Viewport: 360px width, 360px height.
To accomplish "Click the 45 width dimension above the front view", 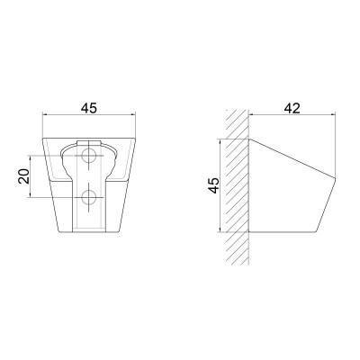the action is [x=89, y=108].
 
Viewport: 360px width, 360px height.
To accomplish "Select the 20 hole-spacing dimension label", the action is [x=24, y=176].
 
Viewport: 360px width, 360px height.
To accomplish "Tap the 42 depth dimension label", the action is [x=292, y=108].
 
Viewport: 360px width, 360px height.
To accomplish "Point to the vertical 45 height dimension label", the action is [x=213, y=185].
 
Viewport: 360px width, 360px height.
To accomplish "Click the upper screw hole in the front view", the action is [x=89, y=156].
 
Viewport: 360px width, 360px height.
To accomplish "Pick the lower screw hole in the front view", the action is [x=89, y=197].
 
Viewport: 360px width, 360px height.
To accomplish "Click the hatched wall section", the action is [x=238, y=187].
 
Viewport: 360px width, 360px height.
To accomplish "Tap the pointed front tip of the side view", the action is [x=335, y=178].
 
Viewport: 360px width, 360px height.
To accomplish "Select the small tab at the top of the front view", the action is [x=88, y=143].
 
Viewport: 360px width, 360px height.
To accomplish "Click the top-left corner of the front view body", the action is [x=43, y=139].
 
